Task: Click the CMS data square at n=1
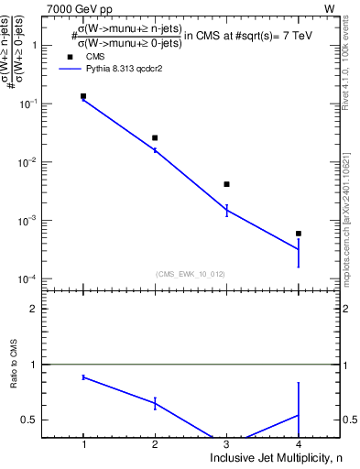[x=83, y=96]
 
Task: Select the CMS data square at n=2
[x=155, y=138]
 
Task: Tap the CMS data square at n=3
[x=226, y=184]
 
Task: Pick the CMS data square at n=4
[x=299, y=234]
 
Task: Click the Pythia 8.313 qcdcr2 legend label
[x=131, y=69]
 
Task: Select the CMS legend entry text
[x=96, y=57]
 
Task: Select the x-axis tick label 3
[x=226, y=443]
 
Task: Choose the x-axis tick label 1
[x=83, y=443]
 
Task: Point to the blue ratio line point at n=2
[x=155, y=403]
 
